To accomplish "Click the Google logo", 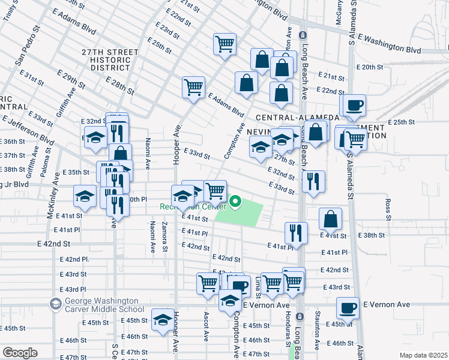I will click(x=19, y=353).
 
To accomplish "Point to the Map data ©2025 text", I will click(x=423, y=355).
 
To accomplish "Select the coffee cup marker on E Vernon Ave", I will click(x=348, y=308).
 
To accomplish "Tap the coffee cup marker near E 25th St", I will click(x=354, y=106).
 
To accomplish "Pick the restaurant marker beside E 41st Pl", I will click(x=296, y=231).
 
